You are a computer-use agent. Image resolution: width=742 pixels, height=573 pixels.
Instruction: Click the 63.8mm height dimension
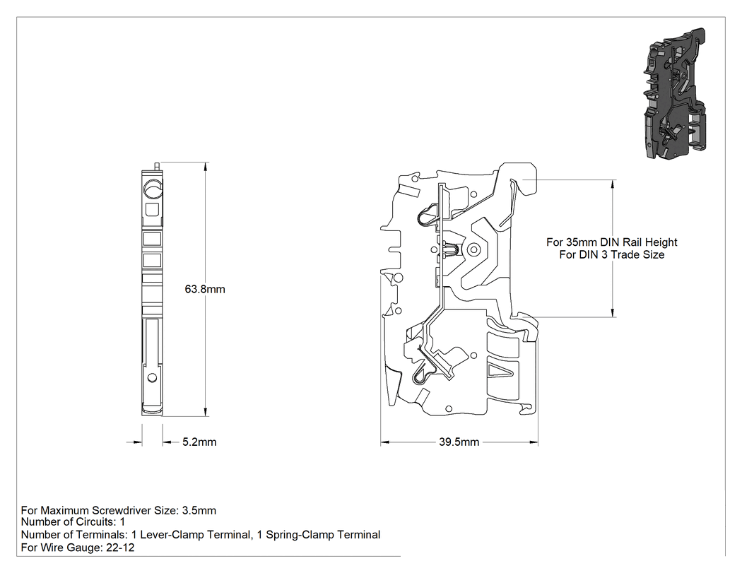(x=205, y=289)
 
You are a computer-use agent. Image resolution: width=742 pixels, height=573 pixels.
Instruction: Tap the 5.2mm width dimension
(x=199, y=442)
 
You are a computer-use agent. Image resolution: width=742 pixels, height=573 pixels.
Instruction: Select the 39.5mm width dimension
(x=459, y=442)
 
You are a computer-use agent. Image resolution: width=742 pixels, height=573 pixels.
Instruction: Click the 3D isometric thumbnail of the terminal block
(x=674, y=93)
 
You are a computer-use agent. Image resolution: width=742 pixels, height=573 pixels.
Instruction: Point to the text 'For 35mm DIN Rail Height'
(x=612, y=242)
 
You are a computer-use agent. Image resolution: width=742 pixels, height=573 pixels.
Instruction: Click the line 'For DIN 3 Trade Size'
(x=612, y=254)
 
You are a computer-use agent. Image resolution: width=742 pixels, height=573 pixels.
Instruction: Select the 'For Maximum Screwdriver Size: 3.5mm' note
(x=118, y=511)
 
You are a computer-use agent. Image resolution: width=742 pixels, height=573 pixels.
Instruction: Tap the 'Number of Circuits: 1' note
(x=73, y=522)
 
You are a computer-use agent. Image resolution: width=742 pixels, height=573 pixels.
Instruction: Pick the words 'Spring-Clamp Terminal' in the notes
(x=323, y=535)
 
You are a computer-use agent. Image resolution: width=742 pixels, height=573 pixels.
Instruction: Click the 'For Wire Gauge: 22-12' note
(x=78, y=548)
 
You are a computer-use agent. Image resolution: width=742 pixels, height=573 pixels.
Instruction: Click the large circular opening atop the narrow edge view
(x=153, y=190)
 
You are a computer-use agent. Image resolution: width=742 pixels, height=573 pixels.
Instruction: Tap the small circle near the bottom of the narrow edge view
(x=152, y=377)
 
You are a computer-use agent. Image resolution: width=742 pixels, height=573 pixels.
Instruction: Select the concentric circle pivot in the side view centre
(x=472, y=249)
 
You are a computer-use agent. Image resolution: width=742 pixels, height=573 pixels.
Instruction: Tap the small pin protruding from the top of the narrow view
(x=157, y=167)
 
